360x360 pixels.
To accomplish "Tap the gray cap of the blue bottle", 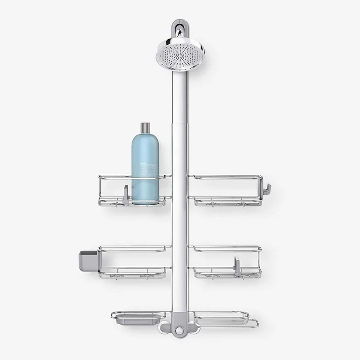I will [146, 128].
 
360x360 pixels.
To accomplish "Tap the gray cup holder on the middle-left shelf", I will [88, 260].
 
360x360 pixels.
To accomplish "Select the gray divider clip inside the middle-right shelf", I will [237, 264].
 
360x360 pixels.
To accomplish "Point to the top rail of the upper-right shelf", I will [226, 177].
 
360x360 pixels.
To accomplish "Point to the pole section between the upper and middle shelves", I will [179, 226].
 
